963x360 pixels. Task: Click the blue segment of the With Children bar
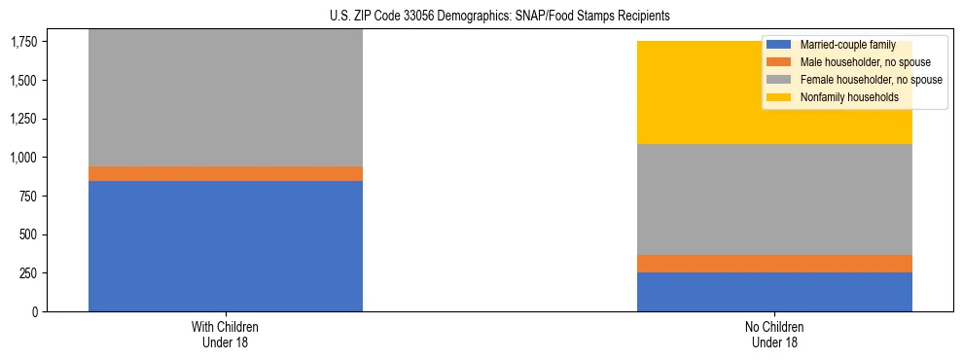[226, 246]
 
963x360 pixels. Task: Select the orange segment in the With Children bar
[226, 173]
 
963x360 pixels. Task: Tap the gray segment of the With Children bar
[226, 97]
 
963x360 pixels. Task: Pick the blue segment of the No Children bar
[774, 292]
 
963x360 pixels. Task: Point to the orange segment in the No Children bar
[774, 264]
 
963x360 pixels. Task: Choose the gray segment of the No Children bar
[774, 199]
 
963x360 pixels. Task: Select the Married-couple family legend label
[840, 45]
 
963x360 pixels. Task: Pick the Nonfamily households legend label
[847, 97]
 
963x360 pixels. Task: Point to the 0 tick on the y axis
[35, 312]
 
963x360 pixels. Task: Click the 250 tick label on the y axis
[29, 273]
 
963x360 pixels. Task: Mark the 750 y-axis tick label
[29, 196]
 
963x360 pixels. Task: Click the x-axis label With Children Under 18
[226, 335]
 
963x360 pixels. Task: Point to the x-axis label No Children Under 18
[774, 335]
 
